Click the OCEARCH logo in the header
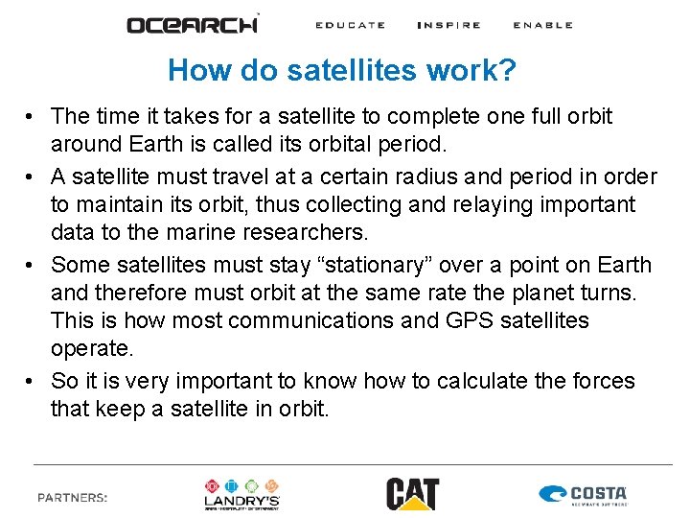193,24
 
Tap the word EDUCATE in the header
351,25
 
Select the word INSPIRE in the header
448,25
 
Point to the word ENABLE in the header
542,25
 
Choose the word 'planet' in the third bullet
505,294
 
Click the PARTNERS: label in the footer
72,497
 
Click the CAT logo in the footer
412,494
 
